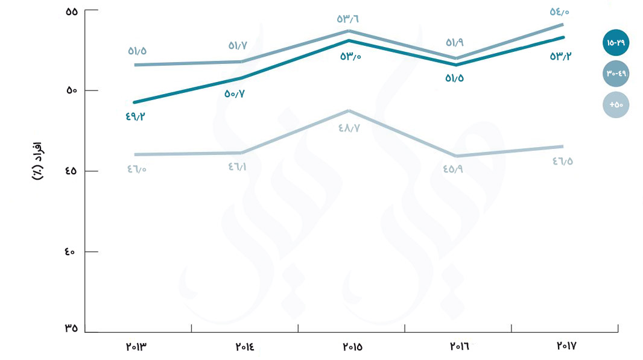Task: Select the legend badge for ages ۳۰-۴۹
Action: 616,74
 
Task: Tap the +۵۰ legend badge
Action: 616,105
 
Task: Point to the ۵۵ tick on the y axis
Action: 72,11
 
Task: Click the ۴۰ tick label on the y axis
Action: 72,251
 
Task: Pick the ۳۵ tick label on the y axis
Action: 72,329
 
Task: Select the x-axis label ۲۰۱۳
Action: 138,347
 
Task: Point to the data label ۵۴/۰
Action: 563,11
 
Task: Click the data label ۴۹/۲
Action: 136,116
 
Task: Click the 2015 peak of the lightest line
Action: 347,111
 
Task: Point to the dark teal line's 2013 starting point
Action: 135,103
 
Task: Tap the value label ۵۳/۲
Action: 561,56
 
